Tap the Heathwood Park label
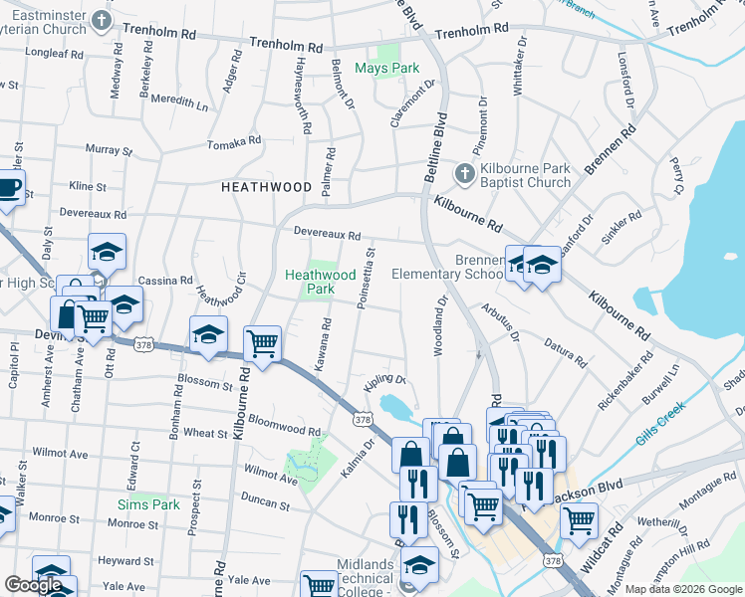[321, 282]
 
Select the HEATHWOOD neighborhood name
[259, 186]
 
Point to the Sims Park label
[148, 504]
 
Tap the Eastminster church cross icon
[100, 21]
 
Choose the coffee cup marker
[8, 188]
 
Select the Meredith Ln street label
[180, 103]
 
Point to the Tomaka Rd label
[233, 144]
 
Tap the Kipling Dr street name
[387, 380]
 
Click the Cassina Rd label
[165, 282]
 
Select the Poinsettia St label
[366, 279]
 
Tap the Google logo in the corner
[33, 585]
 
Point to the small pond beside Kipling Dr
[395, 407]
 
